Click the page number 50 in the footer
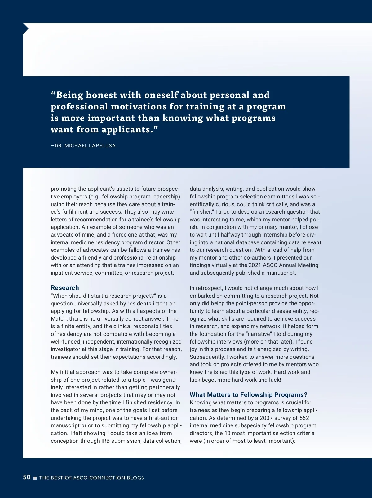[x=27, y=477]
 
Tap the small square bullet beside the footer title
[x=35, y=478]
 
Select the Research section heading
[x=65, y=287]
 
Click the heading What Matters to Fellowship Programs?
[x=248, y=394]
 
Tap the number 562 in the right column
[x=304, y=418]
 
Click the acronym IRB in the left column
[x=105, y=441]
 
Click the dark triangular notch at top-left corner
[x=25, y=29]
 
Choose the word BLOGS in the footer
[x=135, y=478]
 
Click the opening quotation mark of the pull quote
[x=53, y=94]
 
